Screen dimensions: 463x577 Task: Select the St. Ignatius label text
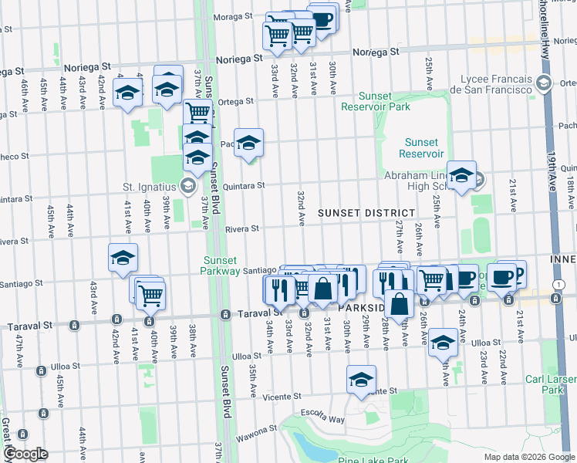pos(150,185)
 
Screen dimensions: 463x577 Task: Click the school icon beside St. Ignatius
pos(187,185)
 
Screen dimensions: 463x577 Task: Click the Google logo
pos(25,454)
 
